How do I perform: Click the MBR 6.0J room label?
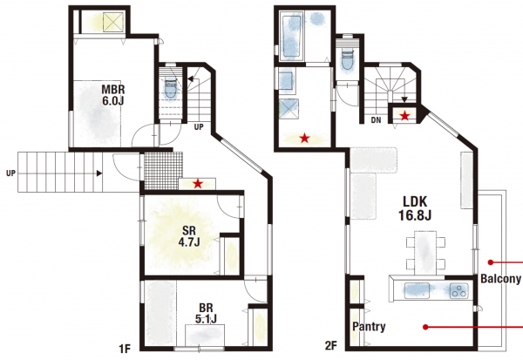click(113, 95)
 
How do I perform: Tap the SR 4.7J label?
click(189, 236)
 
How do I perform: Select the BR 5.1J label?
click(206, 313)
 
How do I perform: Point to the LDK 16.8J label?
click(415, 208)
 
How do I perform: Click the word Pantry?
click(369, 326)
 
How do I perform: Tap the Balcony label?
click(500, 279)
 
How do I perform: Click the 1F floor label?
click(125, 349)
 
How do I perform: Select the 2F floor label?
click(331, 346)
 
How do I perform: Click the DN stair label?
click(376, 120)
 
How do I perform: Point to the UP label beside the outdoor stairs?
click(10, 173)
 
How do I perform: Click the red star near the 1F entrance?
click(198, 183)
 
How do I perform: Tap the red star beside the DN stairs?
click(405, 116)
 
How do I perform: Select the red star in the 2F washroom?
click(304, 138)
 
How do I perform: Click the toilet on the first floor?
click(171, 88)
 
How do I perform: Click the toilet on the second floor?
click(347, 58)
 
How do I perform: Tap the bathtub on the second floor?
click(291, 36)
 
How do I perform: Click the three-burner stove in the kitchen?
click(458, 290)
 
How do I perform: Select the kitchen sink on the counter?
click(417, 289)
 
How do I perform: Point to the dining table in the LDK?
click(425, 253)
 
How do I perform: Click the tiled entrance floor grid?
click(164, 171)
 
